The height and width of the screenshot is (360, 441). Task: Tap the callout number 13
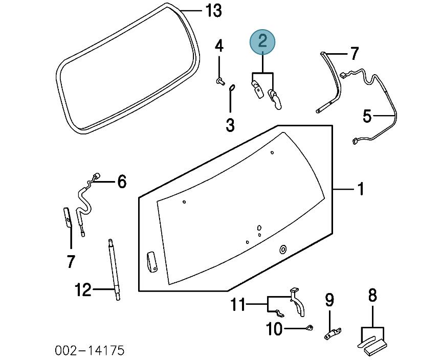[213, 11]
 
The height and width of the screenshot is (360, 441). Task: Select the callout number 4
[219, 47]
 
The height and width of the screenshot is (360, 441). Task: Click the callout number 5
[367, 116]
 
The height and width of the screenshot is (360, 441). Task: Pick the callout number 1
[360, 189]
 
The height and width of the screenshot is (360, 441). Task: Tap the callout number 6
[122, 181]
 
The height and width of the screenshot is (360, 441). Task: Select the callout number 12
[82, 290]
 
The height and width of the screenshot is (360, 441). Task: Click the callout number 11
[237, 305]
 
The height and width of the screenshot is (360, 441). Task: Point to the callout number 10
[274, 329]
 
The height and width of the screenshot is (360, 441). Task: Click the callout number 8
[372, 295]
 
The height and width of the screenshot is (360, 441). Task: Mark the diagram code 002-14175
[90, 351]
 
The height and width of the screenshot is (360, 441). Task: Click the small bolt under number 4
[220, 81]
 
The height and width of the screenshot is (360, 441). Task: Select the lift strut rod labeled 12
[113, 268]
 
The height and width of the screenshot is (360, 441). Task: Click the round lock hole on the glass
[282, 249]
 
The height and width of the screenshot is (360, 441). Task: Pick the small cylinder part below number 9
[332, 334]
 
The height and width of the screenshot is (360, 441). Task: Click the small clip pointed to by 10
[310, 328]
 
